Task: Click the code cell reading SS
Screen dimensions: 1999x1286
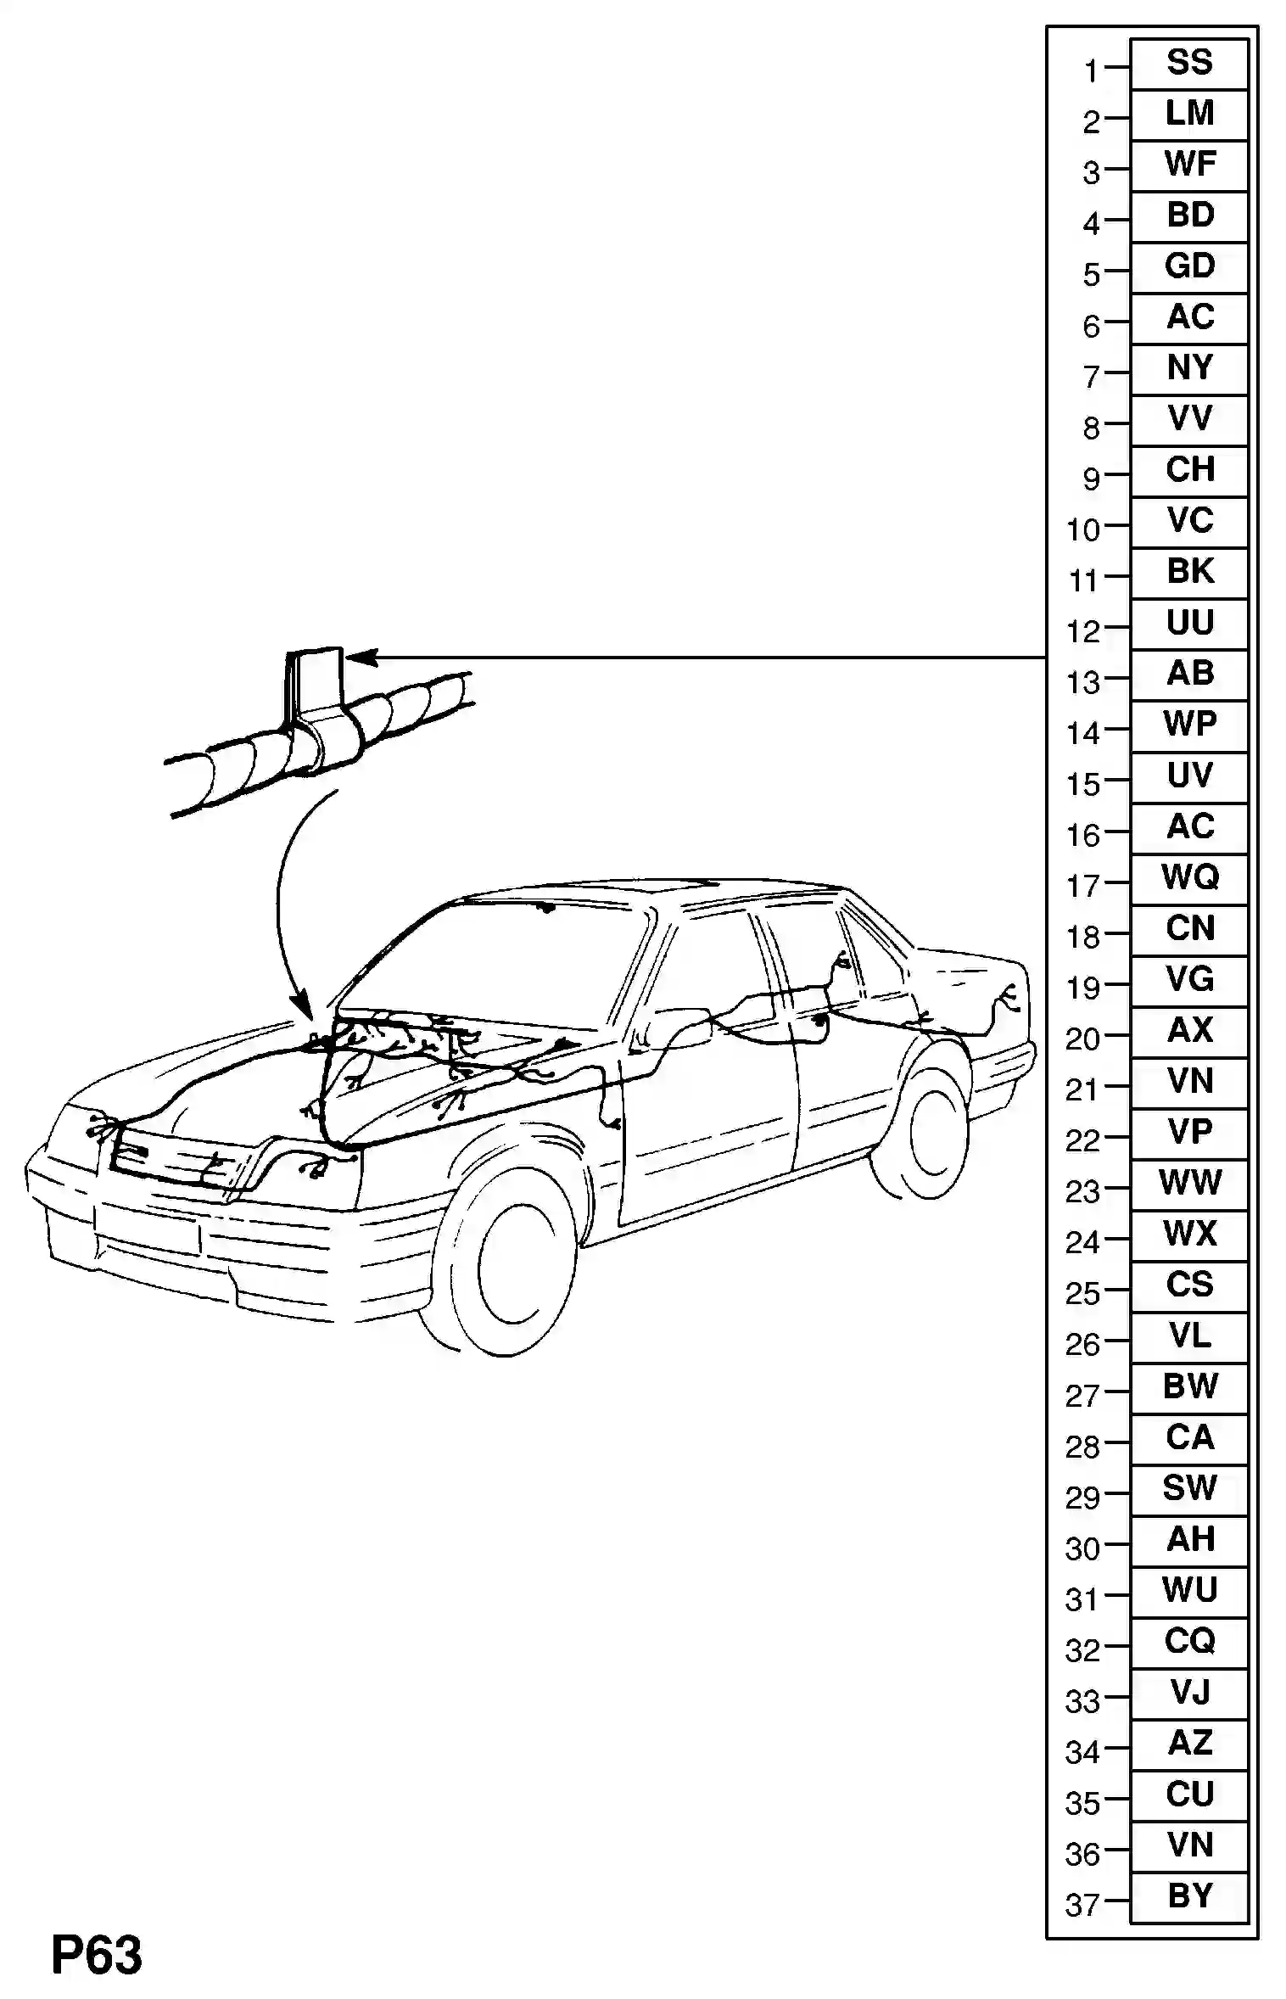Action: point(1189,64)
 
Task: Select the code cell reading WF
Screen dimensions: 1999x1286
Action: point(1189,165)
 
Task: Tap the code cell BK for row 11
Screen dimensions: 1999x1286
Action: point(1189,573)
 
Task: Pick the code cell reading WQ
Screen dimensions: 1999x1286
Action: point(1189,878)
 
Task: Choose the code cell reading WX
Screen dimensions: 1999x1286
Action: point(1189,1235)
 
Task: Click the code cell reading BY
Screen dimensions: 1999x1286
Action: point(1189,1896)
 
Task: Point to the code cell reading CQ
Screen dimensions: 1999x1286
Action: point(1189,1642)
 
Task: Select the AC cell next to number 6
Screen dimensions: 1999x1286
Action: point(1189,318)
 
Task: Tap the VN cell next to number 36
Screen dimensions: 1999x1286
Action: point(1189,1845)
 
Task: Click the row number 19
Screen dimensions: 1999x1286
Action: point(1082,988)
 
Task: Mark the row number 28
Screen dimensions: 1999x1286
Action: point(1082,1447)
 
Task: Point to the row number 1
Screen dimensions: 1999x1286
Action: point(1091,72)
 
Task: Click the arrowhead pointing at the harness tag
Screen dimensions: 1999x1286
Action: point(358,658)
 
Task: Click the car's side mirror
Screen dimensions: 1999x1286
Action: point(683,1027)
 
